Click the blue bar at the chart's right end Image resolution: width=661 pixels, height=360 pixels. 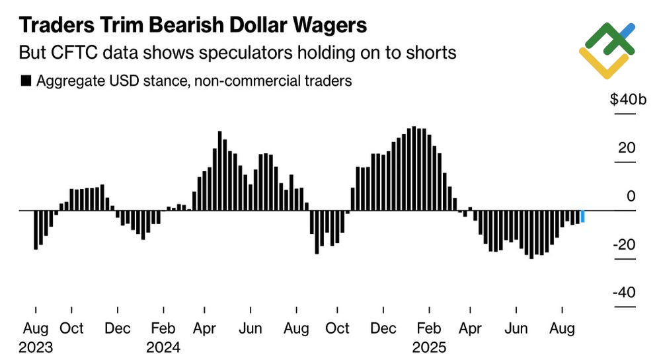coord(582,216)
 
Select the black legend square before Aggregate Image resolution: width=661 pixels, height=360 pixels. coord(26,81)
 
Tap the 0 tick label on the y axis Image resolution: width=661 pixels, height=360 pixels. coord(631,196)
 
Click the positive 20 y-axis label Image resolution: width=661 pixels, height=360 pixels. coord(627,148)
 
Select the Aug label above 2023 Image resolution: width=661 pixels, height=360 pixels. coord(36,329)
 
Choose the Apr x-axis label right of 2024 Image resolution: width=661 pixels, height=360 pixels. coord(206,329)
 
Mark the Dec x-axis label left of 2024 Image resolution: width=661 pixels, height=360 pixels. coord(118,329)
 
